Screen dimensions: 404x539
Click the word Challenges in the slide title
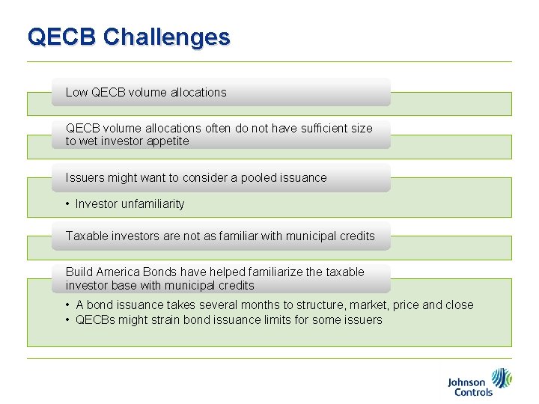click(x=167, y=37)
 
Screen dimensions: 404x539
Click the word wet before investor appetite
click(x=89, y=141)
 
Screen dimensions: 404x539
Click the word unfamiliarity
click(x=148, y=203)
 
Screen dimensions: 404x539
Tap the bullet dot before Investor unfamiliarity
click(x=67, y=203)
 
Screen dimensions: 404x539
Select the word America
click(x=121, y=272)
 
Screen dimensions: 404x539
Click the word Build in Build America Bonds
click(x=79, y=272)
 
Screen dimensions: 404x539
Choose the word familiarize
click(x=284, y=272)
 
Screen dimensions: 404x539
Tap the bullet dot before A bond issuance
click(x=67, y=305)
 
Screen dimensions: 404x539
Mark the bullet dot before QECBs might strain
click(x=67, y=320)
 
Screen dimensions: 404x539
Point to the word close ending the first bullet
click(x=459, y=304)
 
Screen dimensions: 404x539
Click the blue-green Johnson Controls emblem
click(x=501, y=378)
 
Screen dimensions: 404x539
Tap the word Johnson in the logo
click(x=466, y=382)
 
